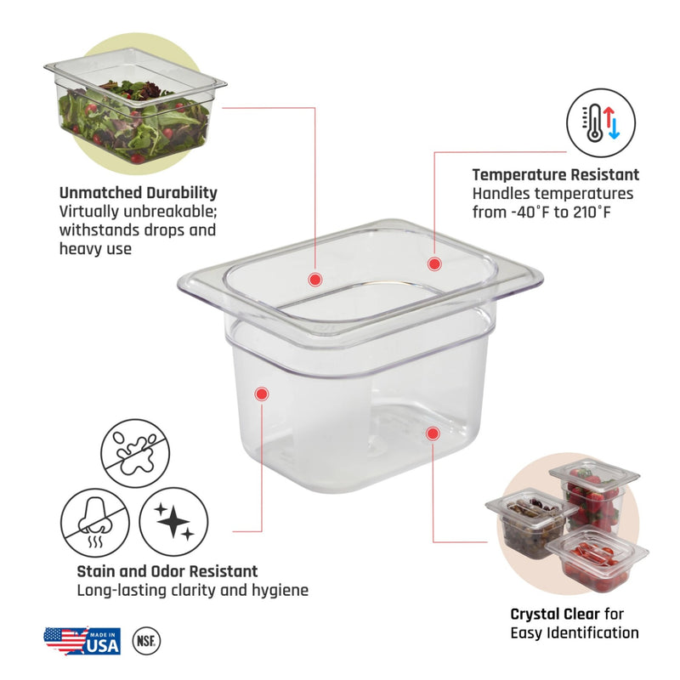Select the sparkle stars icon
(173, 522)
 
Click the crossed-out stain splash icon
(135, 453)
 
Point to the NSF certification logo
(146, 641)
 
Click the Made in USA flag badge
(82, 641)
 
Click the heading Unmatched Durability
(139, 193)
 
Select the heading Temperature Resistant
(556, 174)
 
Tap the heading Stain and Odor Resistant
(167, 571)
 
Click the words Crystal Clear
(555, 614)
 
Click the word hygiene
(281, 590)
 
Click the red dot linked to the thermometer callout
(434, 263)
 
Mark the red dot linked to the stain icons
(262, 394)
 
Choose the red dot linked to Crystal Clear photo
(433, 433)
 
